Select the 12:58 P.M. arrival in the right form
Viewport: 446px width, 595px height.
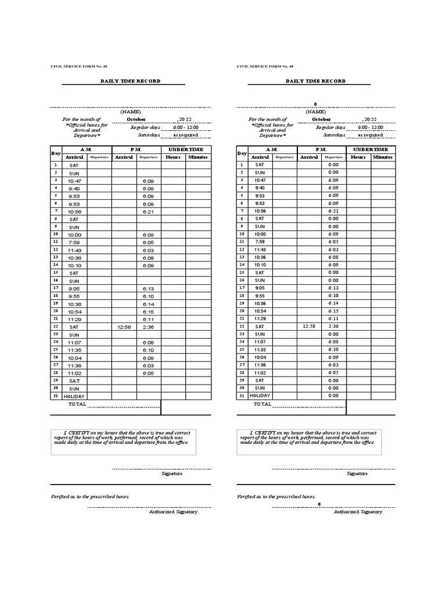click(309, 327)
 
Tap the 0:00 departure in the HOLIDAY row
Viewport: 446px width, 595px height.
click(333, 396)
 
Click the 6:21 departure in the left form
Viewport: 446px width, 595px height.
click(148, 212)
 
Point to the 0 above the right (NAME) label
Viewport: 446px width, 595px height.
click(315, 104)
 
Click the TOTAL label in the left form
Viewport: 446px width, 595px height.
click(77, 404)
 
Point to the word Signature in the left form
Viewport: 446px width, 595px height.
click(172, 474)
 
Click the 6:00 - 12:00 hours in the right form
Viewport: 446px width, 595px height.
click(371, 127)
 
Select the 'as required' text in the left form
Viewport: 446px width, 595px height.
click(185, 135)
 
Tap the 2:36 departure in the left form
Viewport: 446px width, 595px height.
click(148, 327)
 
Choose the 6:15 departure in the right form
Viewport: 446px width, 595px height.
click(333, 311)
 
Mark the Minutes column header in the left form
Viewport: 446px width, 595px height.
click(197, 157)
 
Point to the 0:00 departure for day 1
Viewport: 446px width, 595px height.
click(333, 165)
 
